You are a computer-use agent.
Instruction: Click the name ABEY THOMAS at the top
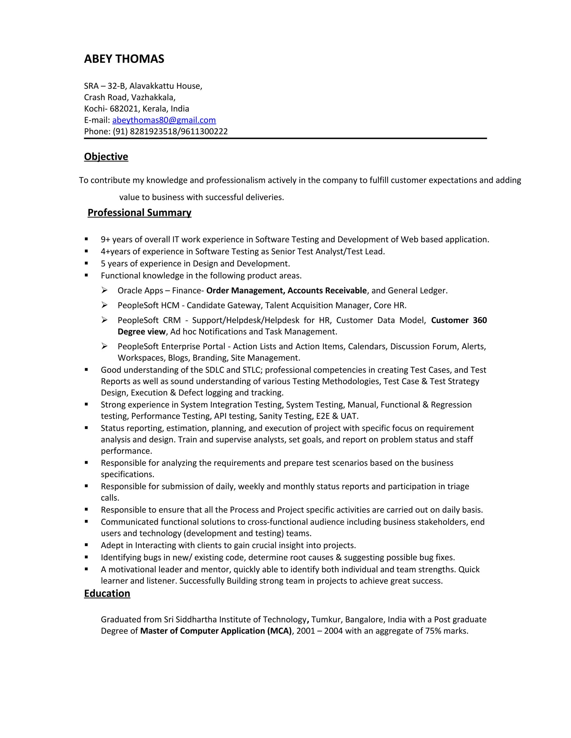click(124, 59)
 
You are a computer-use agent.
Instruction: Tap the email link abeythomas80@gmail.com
click(164, 120)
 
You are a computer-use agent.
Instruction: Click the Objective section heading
click(106, 157)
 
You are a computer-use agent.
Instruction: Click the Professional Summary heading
click(139, 212)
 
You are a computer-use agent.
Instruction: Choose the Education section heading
click(107, 593)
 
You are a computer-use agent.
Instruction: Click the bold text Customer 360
click(458, 320)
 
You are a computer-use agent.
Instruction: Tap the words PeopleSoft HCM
click(148, 306)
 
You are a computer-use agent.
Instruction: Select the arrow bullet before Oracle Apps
click(104, 290)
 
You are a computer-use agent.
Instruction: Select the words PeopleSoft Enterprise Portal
click(171, 347)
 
